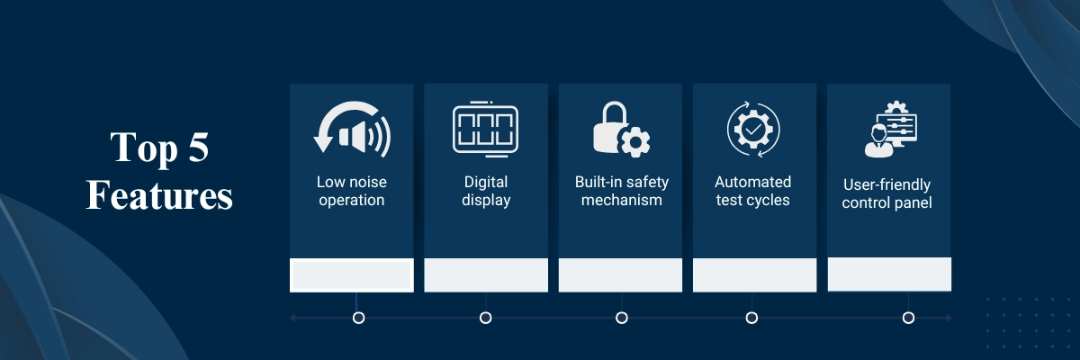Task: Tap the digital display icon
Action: pyautogui.click(x=485, y=130)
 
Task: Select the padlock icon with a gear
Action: pyautogui.click(x=622, y=130)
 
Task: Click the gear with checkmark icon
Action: pyautogui.click(x=753, y=130)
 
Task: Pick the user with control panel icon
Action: pyautogui.click(x=891, y=130)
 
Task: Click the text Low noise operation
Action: pyautogui.click(x=352, y=191)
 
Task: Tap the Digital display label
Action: pyautogui.click(x=486, y=191)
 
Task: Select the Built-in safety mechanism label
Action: pyautogui.click(x=622, y=191)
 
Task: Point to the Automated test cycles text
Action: pyautogui.click(x=752, y=191)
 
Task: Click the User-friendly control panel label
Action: pyautogui.click(x=886, y=193)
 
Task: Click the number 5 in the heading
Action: pyautogui.click(x=198, y=147)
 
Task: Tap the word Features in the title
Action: pyautogui.click(x=159, y=195)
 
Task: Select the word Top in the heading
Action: pyautogui.click(x=144, y=148)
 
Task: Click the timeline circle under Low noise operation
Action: pyautogui.click(x=358, y=318)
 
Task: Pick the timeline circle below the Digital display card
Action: pyautogui.click(x=485, y=318)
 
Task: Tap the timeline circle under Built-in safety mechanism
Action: pyautogui.click(x=622, y=318)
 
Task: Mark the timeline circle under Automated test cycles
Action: pyautogui.click(x=751, y=318)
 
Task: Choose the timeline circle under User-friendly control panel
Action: pyautogui.click(x=908, y=318)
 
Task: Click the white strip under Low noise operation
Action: pyautogui.click(x=352, y=275)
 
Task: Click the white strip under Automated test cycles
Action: pyautogui.click(x=754, y=275)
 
